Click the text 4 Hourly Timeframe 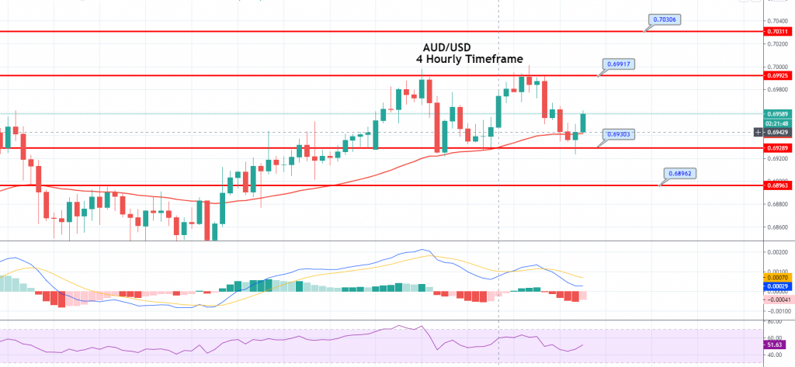click(468, 59)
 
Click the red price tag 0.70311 click(777, 32)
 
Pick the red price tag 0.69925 click(777, 76)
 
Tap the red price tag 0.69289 click(777, 147)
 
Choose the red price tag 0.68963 click(777, 186)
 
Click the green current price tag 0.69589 click(777, 114)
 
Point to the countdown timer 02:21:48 click(777, 123)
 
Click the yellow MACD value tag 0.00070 click(777, 277)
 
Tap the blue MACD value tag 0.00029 click(777, 286)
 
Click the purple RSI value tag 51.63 click(774, 344)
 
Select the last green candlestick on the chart click(583, 123)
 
